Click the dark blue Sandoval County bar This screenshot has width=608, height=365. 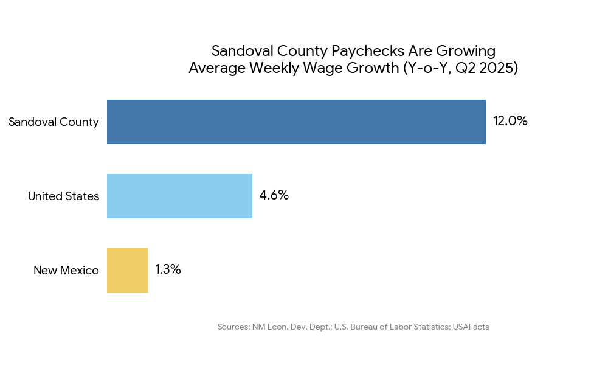point(296,122)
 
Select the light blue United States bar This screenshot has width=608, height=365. point(179,196)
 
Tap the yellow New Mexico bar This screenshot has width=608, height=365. point(128,270)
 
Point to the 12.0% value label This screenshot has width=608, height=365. point(510,121)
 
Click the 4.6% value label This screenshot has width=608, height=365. point(274,196)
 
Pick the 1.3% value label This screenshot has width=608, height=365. point(168,269)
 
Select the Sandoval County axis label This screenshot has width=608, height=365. point(54,122)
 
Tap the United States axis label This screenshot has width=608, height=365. point(63,196)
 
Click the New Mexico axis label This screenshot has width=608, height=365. point(66,271)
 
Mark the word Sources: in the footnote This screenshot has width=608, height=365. point(233,327)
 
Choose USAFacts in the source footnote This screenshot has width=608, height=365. point(471,327)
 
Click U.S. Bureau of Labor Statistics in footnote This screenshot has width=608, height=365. point(392,327)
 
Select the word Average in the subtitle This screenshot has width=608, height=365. point(216,68)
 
